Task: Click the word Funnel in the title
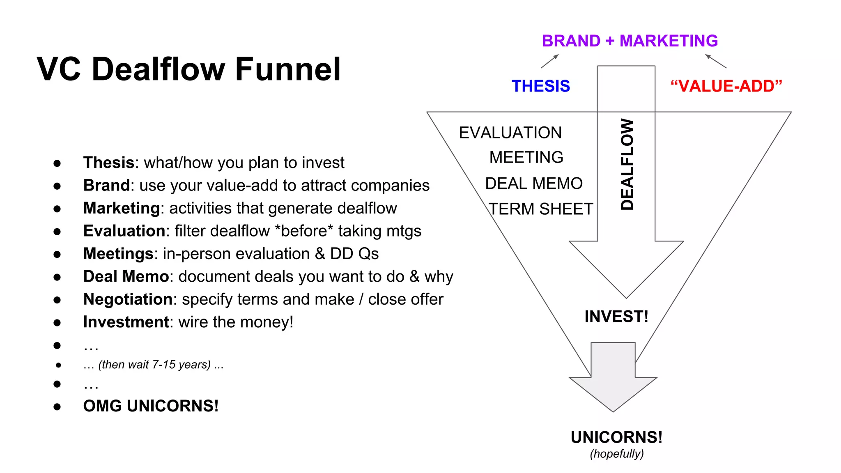click(x=288, y=69)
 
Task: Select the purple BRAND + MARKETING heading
click(x=630, y=41)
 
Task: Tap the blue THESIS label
click(x=540, y=86)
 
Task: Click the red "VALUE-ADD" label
click(x=726, y=86)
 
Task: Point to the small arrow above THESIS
click(x=549, y=61)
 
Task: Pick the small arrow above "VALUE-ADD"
click(x=716, y=61)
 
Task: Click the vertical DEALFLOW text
click(x=627, y=164)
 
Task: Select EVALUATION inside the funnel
click(x=510, y=133)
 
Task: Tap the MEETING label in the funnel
click(x=526, y=157)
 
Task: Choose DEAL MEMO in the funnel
click(x=533, y=184)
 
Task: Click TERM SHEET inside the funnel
click(x=541, y=209)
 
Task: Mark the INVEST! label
click(x=616, y=317)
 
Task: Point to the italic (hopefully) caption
click(x=617, y=454)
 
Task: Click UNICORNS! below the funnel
click(x=616, y=437)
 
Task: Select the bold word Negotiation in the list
click(x=128, y=299)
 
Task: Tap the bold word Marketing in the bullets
click(x=121, y=208)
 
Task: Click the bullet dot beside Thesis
click(x=57, y=163)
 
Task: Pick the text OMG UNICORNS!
click(x=151, y=406)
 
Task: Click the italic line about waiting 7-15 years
click(x=153, y=365)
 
